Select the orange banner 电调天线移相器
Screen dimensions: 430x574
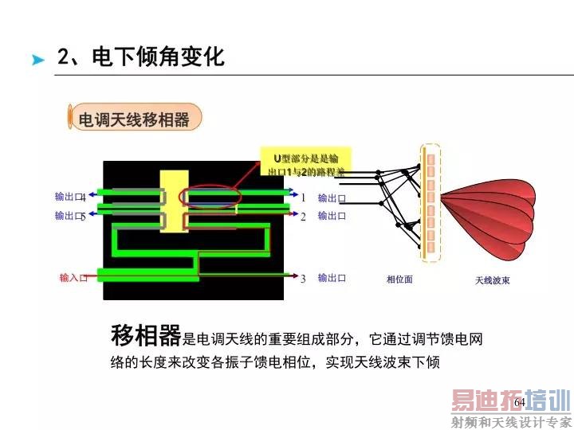pos(133,119)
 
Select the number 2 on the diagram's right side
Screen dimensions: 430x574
pos(303,216)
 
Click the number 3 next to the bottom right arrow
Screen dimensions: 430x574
pos(303,279)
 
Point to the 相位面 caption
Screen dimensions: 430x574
pos(399,279)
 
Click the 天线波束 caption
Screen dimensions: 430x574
pos(492,280)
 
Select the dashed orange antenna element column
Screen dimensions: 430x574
pos(431,203)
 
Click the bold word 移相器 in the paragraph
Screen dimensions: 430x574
pos(146,336)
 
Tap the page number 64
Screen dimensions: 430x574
pos(519,403)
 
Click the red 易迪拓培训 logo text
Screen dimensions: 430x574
pos(510,401)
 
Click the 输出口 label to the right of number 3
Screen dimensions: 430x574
pos(332,278)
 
